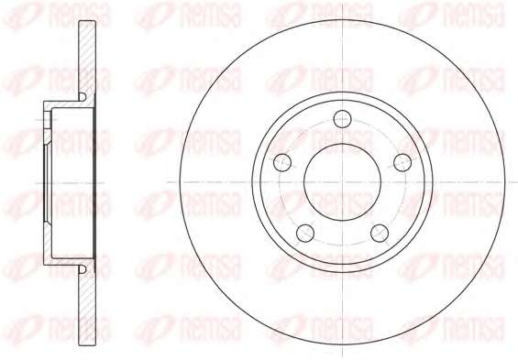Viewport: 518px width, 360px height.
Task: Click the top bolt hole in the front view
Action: click(x=342, y=119)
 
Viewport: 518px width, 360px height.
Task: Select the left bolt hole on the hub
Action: click(x=282, y=162)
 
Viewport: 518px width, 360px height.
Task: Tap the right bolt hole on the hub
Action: click(x=402, y=162)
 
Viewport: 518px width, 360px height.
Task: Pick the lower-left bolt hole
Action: click(x=305, y=233)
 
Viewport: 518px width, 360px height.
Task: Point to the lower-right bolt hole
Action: click(x=380, y=233)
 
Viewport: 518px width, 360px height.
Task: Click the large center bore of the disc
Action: click(x=342, y=182)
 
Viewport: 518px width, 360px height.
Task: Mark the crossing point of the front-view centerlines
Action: click(x=343, y=182)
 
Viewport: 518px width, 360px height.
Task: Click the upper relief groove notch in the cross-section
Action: click(x=83, y=97)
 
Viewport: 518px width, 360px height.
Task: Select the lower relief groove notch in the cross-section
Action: click(x=83, y=269)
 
